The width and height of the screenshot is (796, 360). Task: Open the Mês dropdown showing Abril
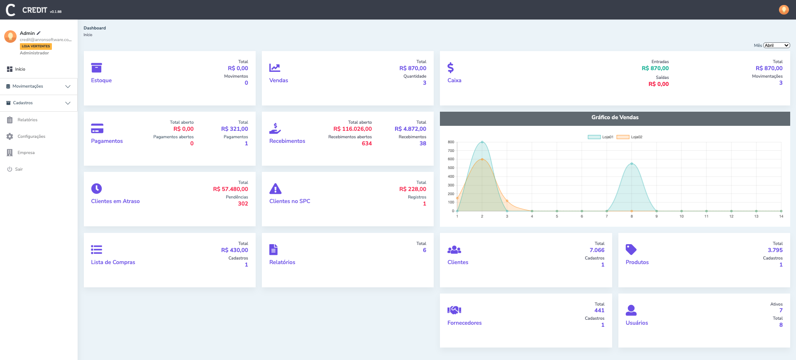(x=776, y=45)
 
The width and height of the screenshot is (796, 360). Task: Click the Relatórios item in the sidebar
(x=27, y=120)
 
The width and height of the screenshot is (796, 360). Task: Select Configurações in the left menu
(x=31, y=137)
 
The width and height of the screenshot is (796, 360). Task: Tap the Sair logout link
(x=19, y=169)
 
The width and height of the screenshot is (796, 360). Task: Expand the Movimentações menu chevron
(x=68, y=86)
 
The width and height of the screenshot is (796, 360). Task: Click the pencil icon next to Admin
(x=39, y=33)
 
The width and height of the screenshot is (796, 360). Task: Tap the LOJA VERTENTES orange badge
(x=36, y=46)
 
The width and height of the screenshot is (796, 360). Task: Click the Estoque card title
(x=101, y=81)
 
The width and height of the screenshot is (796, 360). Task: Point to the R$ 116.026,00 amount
(x=352, y=129)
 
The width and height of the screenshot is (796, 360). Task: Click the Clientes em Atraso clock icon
(x=96, y=189)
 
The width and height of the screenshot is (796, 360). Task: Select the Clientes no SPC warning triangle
(x=275, y=189)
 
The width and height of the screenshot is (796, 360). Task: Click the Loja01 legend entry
(x=601, y=137)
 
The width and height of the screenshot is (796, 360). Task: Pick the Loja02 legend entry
(x=629, y=137)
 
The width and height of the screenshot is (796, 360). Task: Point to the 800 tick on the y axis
(x=451, y=142)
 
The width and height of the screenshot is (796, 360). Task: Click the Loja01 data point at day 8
(x=632, y=164)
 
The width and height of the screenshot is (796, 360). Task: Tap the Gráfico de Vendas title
(x=615, y=118)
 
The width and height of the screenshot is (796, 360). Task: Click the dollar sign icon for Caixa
(x=450, y=68)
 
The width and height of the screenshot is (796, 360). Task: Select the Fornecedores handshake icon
(x=454, y=310)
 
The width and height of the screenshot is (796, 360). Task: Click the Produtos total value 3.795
(x=775, y=250)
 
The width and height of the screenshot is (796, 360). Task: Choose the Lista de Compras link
(x=113, y=262)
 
